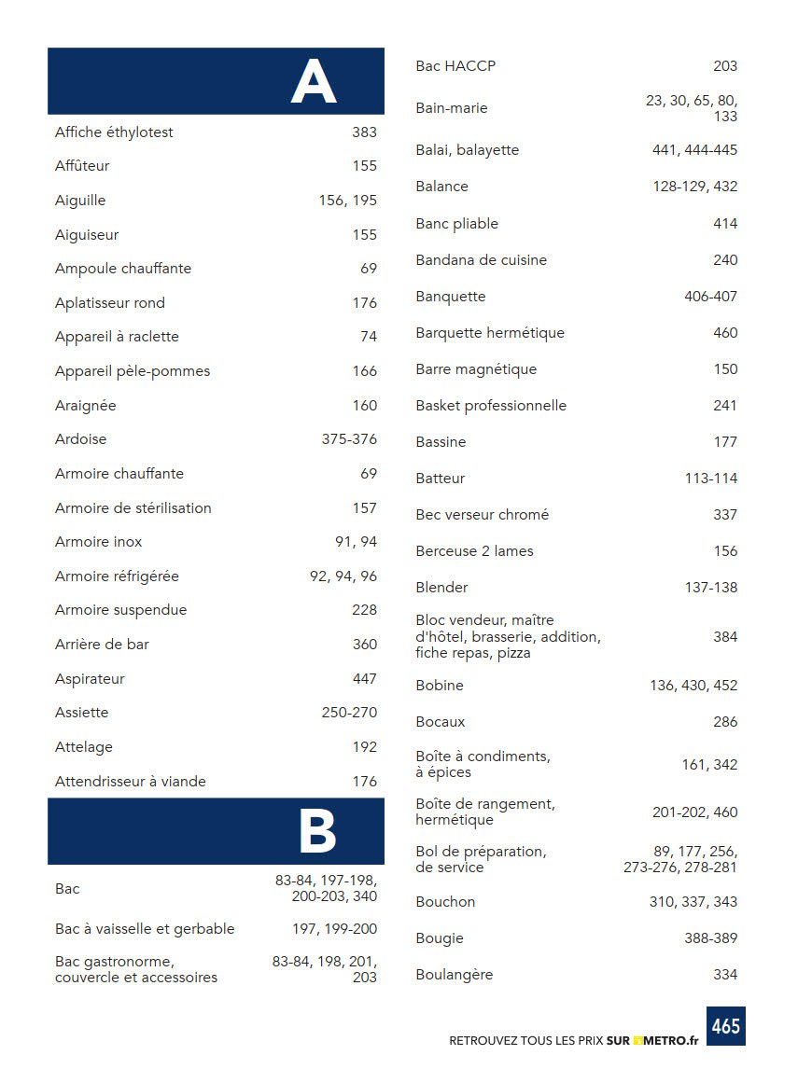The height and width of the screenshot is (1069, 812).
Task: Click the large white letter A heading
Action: coord(313,82)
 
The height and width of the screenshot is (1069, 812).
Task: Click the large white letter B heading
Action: coord(316,832)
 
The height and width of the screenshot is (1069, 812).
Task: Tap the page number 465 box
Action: coord(725,1026)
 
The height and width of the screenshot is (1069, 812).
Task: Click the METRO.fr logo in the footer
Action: coord(666,1040)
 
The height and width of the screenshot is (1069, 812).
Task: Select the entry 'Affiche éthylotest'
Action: coord(114,132)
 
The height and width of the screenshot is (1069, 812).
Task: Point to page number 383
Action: coord(364,132)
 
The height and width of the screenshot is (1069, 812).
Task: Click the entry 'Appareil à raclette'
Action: coord(117,337)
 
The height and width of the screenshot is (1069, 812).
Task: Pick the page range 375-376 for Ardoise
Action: coord(349,439)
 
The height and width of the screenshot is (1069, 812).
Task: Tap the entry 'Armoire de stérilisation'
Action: coord(133,508)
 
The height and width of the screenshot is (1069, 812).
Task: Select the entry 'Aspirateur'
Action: coord(90,679)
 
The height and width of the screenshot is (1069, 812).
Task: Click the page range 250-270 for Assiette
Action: coord(349,713)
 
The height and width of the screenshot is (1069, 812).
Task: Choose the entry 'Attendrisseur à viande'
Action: coord(131,782)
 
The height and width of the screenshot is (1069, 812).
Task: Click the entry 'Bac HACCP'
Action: coord(455,66)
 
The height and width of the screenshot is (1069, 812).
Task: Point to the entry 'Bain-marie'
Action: coord(452,108)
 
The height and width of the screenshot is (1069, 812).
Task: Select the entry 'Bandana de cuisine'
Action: coord(481,260)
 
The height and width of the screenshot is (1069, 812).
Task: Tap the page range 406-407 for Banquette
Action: coord(710,297)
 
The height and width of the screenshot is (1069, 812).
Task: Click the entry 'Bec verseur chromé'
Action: coord(483,515)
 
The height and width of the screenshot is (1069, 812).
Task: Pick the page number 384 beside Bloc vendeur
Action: coord(725,637)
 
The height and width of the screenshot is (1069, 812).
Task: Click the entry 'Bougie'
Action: coord(440,938)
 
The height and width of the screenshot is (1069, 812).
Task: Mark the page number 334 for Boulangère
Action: coord(725,975)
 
